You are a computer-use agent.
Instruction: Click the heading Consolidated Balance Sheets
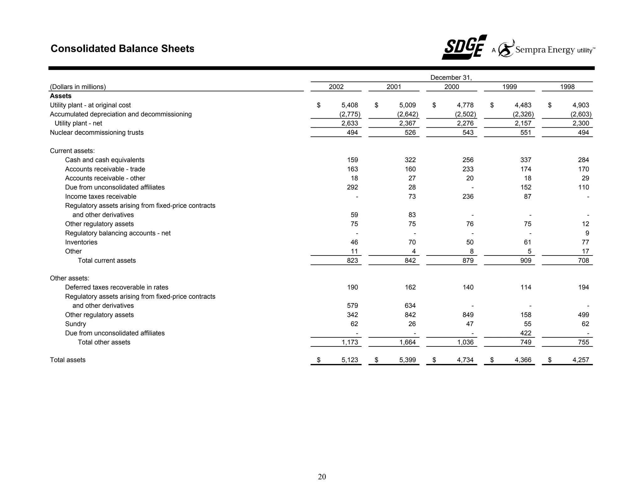click(122, 49)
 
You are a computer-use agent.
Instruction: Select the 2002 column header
click(336, 87)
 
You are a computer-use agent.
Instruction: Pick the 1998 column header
click(567, 87)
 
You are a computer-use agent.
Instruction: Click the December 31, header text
click(451, 77)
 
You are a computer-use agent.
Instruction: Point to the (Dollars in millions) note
click(78, 87)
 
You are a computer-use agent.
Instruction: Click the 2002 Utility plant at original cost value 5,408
click(350, 105)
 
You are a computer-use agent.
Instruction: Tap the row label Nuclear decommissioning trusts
click(97, 133)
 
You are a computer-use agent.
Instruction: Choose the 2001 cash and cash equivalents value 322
click(410, 160)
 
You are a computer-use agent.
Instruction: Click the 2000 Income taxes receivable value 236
click(468, 197)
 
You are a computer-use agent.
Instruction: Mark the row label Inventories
click(81, 242)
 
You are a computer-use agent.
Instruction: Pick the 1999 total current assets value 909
click(526, 261)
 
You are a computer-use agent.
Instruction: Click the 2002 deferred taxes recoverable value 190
click(352, 288)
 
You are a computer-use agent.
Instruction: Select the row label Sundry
click(75, 324)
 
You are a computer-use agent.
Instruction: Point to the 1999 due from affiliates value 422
click(526, 333)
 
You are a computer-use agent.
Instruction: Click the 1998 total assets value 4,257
click(581, 360)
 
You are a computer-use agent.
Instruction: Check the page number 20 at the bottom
click(322, 477)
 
